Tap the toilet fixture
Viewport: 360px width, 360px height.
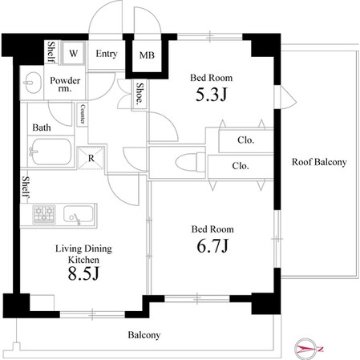tap(190, 162)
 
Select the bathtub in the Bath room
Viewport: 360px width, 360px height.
tap(51, 152)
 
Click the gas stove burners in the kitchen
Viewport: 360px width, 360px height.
tap(44, 214)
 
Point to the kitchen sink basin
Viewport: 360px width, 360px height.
tap(78, 214)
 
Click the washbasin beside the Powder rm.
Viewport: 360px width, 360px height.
tap(32, 83)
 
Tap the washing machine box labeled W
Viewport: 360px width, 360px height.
tap(73, 53)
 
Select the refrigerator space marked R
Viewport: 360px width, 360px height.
tap(91, 158)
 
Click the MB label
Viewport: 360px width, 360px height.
tap(147, 55)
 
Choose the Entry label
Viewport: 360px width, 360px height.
tap(107, 54)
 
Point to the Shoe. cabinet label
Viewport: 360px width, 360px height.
tap(140, 93)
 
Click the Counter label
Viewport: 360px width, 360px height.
tap(83, 114)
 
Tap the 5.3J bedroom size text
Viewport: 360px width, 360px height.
tap(211, 95)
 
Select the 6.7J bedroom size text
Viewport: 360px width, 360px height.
tap(212, 246)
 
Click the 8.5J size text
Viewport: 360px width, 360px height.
tap(83, 273)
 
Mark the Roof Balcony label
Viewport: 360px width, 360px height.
tap(319, 162)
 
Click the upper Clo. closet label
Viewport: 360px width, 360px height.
tap(245, 140)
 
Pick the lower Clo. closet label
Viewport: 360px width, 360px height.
tap(241, 166)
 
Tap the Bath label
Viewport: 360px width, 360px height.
tap(42, 127)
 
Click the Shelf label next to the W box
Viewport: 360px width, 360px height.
tap(51, 52)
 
